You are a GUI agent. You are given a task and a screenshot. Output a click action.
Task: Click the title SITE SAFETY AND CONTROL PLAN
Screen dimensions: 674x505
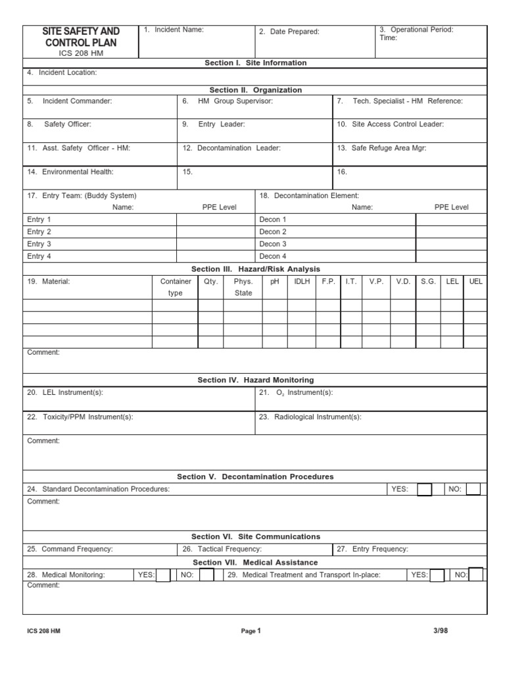(81, 37)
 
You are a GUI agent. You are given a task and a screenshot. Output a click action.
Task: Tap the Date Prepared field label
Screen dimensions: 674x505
(289, 32)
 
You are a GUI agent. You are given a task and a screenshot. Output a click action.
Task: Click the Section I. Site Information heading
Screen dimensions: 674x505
(256, 63)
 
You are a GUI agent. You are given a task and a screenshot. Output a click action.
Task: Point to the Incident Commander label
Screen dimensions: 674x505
(70, 101)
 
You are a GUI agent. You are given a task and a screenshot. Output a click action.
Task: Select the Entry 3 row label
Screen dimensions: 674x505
(39, 244)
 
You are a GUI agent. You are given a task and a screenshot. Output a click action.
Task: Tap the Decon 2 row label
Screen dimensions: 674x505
(273, 232)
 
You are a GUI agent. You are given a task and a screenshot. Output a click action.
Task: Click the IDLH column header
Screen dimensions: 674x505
(302, 281)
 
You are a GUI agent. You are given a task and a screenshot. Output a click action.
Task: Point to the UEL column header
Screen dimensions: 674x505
(476, 281)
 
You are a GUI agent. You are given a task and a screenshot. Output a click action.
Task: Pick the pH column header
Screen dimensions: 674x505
(275, 281)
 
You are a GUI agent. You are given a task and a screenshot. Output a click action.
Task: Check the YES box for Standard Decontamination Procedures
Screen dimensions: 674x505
(425, 489)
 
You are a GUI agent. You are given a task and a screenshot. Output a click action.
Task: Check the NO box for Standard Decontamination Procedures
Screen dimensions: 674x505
(473, 489)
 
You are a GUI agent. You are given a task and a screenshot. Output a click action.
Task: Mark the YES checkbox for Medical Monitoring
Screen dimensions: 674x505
(163, 575)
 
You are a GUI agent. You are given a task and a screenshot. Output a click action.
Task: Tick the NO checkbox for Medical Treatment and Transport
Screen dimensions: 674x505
(477, 575)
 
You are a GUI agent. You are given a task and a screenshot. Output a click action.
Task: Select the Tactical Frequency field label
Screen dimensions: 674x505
(222, 549)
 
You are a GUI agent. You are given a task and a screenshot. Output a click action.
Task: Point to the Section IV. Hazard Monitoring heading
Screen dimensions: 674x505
(256, 380)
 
